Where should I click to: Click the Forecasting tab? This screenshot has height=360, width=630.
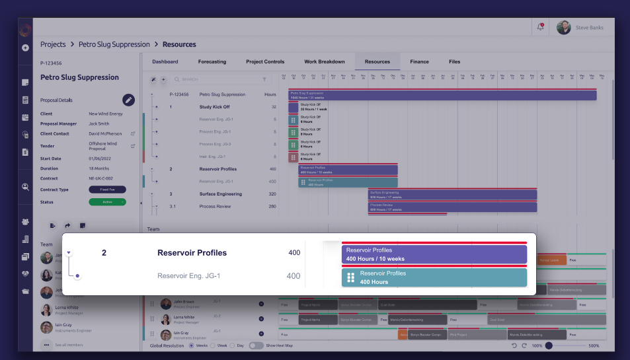coord(212,61)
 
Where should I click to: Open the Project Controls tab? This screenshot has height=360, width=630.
coord(265,61)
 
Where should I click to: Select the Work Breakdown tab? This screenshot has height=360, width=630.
coord(324,61)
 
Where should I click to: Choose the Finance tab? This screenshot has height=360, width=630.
coord(419,61)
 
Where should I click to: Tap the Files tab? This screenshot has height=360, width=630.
coord(454,61)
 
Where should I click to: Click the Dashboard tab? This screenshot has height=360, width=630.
coord(165,61)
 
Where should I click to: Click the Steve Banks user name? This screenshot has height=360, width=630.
coord(590,28)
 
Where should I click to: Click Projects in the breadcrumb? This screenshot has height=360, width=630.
coord(53,44)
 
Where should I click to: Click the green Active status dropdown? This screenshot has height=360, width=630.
coord(107,202)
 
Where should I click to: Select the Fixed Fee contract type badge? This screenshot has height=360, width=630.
coord(107,190)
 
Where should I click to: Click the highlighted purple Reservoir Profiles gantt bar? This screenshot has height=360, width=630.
coord(434,254)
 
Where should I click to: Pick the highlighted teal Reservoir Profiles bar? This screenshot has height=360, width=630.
coord(434,277)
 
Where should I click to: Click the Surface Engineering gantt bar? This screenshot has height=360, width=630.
coord(452,194)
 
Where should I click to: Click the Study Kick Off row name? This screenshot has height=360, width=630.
coord(215,106)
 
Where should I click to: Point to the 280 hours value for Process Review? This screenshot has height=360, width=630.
coord(272,207)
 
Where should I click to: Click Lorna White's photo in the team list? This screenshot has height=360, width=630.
coord(46,310)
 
